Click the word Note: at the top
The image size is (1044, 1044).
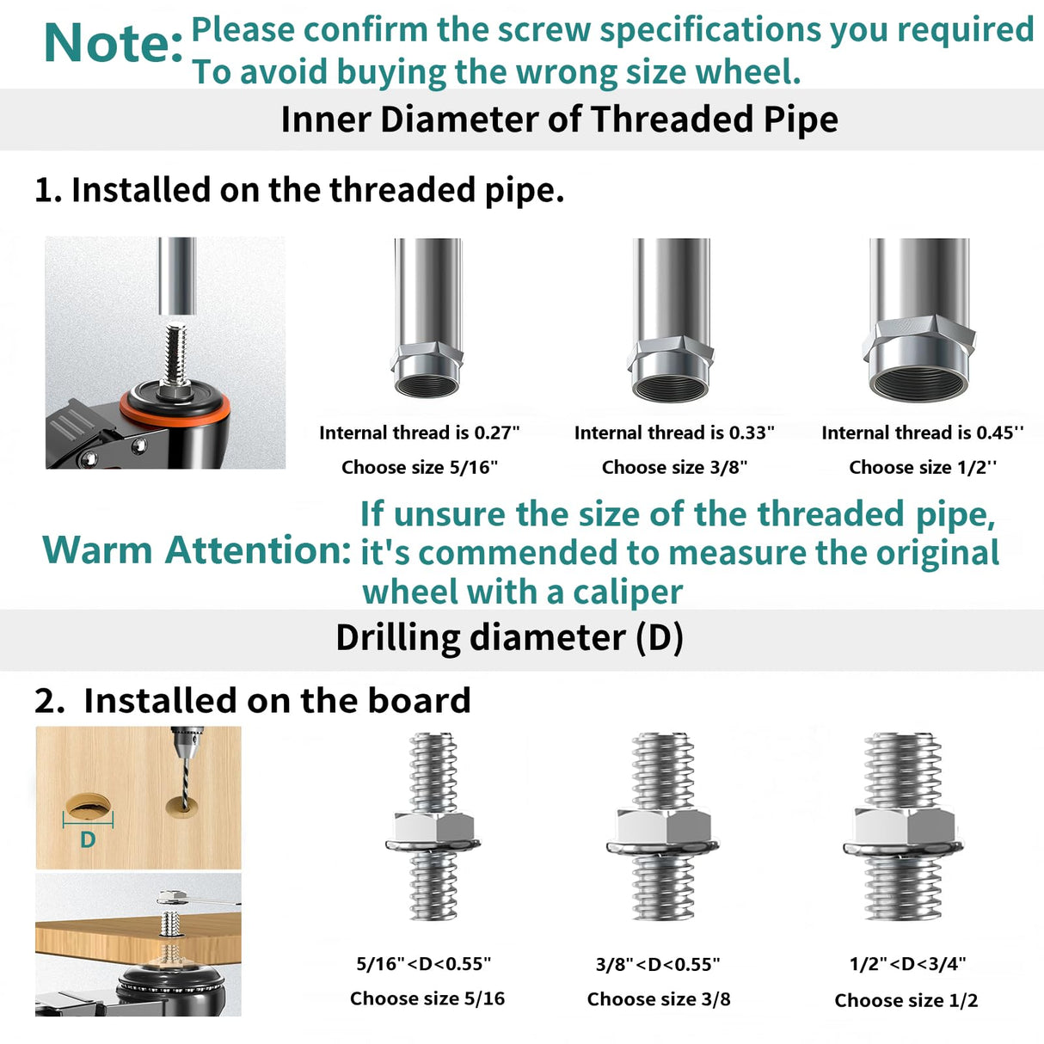click(114, 43)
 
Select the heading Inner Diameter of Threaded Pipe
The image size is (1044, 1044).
click(559, 120)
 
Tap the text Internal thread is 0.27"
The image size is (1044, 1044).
click(420, 433)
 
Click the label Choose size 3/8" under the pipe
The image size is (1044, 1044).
click(674, 467)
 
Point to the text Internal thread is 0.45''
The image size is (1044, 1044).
click(923, 433)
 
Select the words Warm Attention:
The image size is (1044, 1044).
click(197, 550)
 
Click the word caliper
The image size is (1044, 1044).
click(628, 593)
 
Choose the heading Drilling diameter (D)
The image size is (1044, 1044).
click(510, 637)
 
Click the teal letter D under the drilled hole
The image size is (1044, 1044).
click(88, 839)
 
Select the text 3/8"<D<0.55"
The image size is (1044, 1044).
click(658, 964)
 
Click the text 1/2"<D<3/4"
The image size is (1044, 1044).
click(907, 964)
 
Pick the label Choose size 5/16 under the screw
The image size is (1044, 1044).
click(427, 998)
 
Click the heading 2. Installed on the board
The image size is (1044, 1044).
click(253, 700)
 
